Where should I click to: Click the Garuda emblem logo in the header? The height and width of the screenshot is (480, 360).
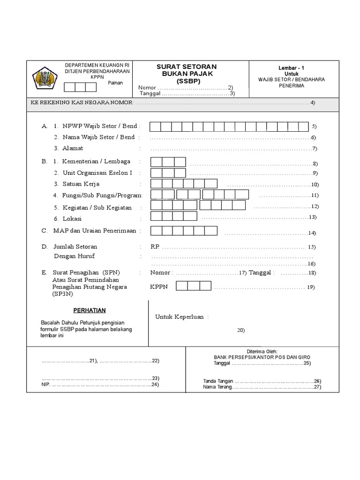tap(44, 78)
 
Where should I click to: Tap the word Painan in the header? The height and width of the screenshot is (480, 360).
tap(115, 83)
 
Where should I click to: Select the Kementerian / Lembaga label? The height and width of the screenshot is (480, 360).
tap(97, 162)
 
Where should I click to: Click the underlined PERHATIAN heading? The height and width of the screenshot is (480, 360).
tap(90, 310)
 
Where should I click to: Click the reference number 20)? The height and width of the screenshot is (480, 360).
tap(241, 330)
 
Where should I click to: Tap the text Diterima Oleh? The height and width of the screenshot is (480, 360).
tap(262, 351)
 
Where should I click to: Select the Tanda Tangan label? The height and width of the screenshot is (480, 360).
tap(217, 381)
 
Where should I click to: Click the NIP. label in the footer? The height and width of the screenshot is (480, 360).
tap(45, 384)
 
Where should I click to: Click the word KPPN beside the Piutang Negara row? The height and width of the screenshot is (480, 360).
tap(159, 286)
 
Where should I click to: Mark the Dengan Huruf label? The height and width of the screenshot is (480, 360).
tap(74, 256)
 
